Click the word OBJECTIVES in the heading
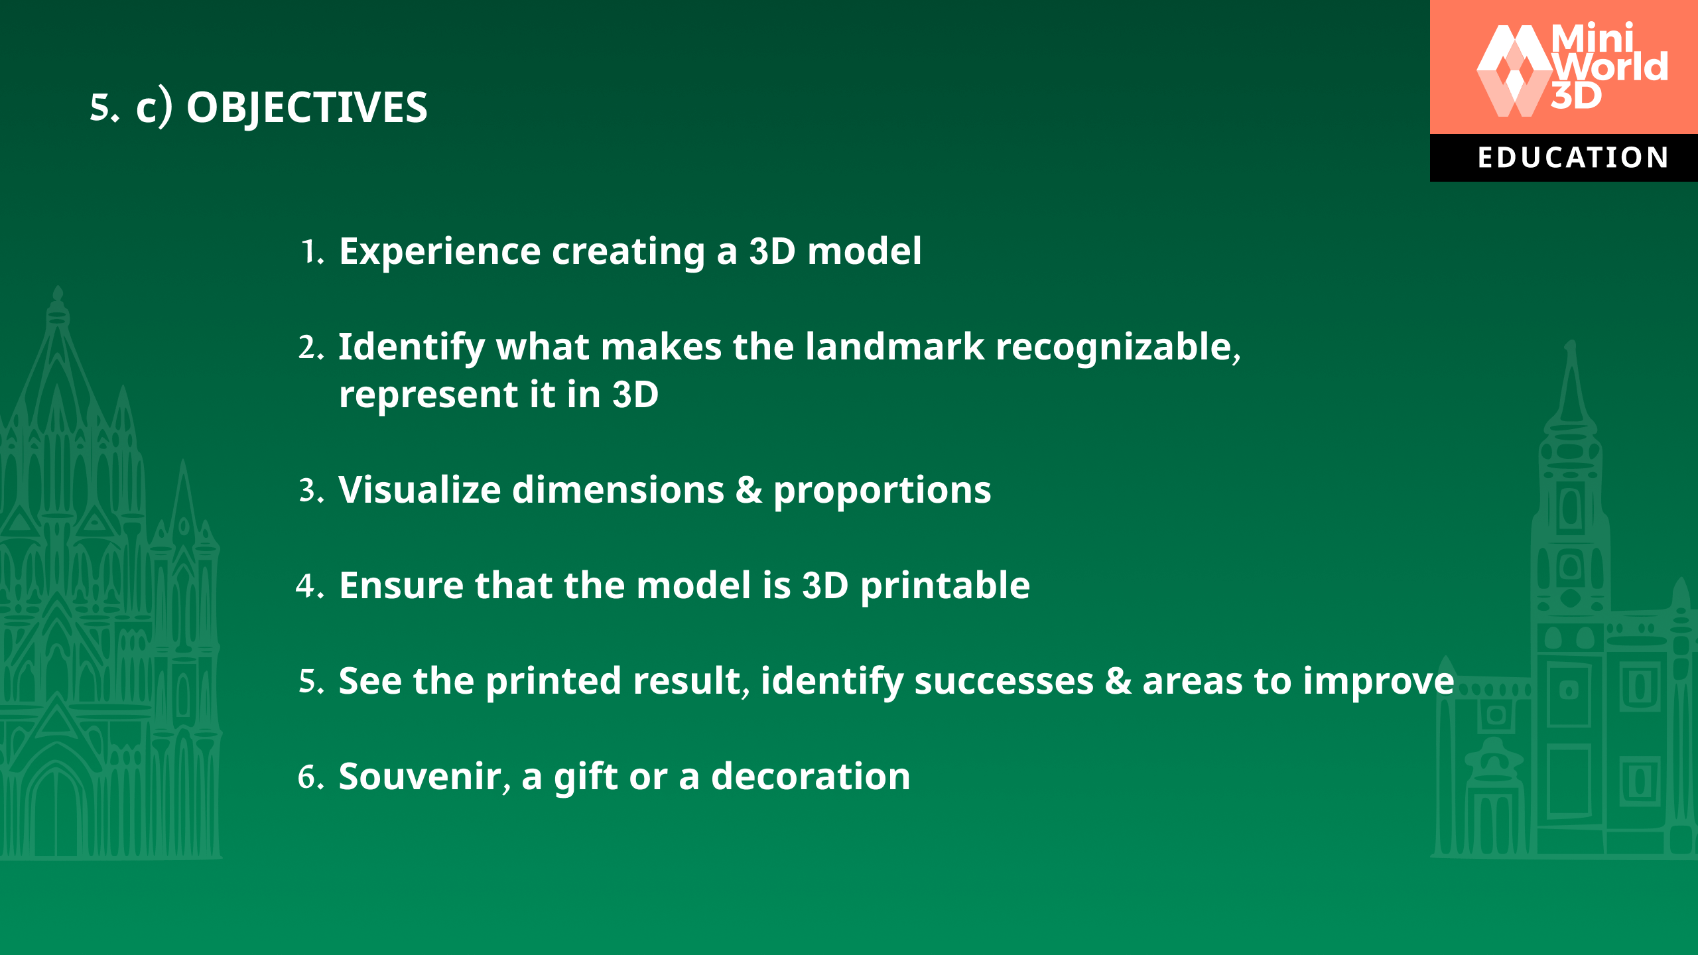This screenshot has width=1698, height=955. pyautogui.click(x=306, y=107)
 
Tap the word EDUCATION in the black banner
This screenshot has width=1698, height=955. pyautogui.click(x=1573, y=158)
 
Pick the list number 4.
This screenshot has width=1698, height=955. pyautogui.click(x=308, y=586)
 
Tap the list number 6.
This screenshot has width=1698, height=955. pyautogui.click(x=309, y=777)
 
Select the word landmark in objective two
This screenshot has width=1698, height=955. pyautogui.click(x=895, y=347)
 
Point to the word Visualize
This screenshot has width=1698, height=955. pyautogui.click(x=419, y=490)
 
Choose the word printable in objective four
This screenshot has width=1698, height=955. pyautogui.click(x=945, y=586)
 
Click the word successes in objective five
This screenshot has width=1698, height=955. pyautogui.click(x=1004, y=681)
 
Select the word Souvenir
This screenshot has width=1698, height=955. pyautogui.click(x=421, y=777)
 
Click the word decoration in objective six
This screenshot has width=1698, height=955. pyautogui.click(x=811, y=777)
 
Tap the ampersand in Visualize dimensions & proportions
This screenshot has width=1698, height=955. pyautogui.click(x=748, y=491)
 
